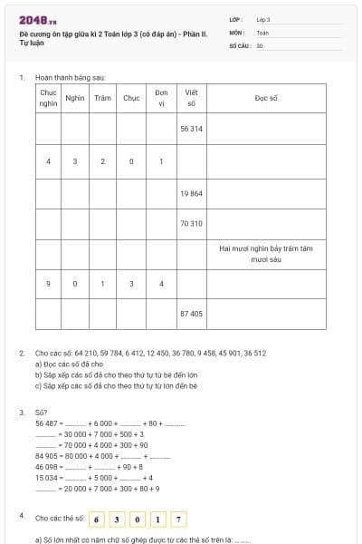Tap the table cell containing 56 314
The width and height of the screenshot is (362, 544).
191,129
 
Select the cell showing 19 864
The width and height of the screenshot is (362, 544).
191,193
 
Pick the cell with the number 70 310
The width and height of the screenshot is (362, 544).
191,223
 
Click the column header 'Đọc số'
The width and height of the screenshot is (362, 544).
265,97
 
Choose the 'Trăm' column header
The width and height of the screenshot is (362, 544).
102,97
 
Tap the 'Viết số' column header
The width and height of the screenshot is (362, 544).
191,98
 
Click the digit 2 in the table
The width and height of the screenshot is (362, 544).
102,161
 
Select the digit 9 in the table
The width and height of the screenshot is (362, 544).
48,284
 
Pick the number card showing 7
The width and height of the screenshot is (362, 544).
180,519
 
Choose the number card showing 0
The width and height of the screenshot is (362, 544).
138,519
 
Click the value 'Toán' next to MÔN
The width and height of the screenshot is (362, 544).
262,32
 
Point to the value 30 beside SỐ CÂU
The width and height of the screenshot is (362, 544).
260,44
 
